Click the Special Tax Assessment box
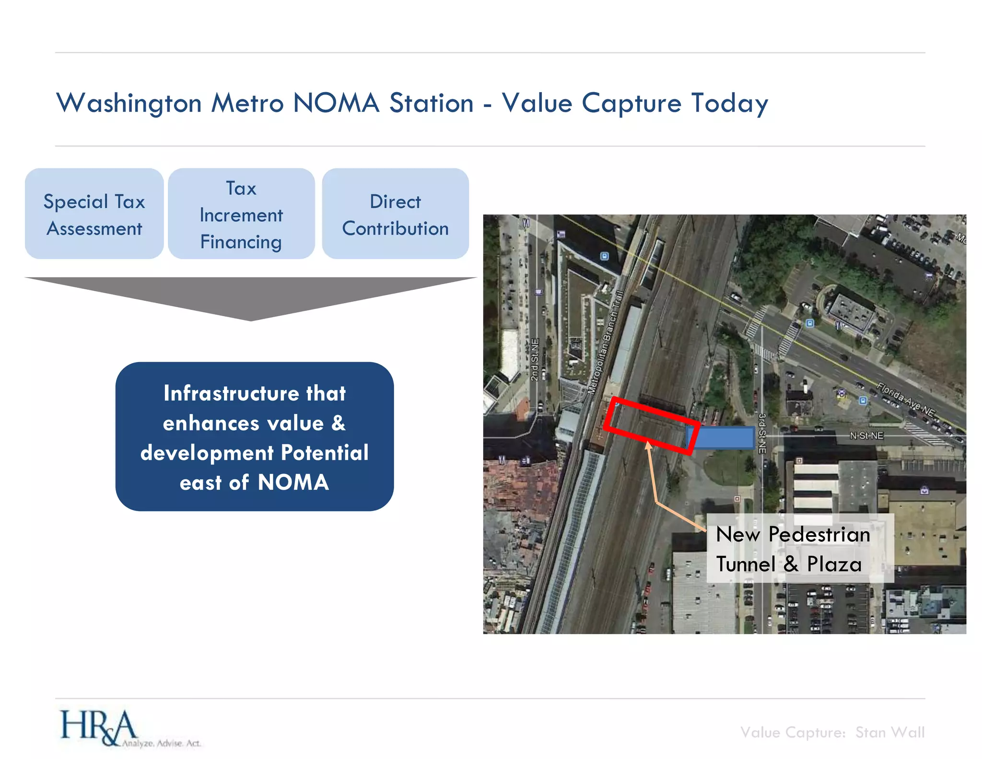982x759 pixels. (x=94, y=214)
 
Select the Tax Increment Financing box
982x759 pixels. (x=241, y=214)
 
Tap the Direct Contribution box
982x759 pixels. (x=395, y=214)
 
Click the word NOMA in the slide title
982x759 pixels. (x=336, y=103)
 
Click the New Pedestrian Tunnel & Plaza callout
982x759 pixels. (x=799, y=548)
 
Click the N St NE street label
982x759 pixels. (x=866, y=436)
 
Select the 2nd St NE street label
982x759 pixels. (x=535, y=360)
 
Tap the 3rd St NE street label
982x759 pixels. (x=762, y=433)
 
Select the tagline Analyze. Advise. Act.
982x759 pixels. (x=161, y=743)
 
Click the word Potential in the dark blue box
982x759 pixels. (x=325, y=452)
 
